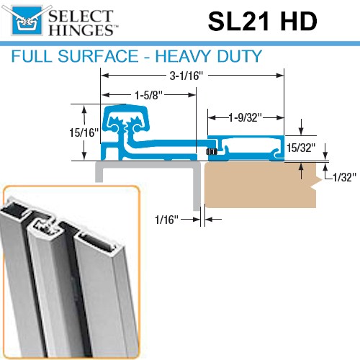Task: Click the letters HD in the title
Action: point(297,22)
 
